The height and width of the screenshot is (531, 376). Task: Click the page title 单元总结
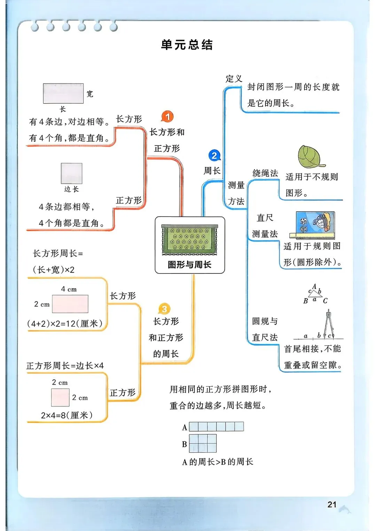(x=187, y=45)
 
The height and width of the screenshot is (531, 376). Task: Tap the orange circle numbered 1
(x=167, y=117)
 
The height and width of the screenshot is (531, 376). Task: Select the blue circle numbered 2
(x=214, y=156)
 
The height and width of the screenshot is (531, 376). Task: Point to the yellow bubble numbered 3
(x=164, y=309)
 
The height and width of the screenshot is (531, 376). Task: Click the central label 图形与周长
(x=189, y=264)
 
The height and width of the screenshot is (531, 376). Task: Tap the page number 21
(x=332, y=504)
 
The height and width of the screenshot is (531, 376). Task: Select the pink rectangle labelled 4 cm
(x=70, y=304)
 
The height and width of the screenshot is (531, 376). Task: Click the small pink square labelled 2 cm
(x=60, y=397)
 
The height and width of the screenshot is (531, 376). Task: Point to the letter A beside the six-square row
(x=185, y=427)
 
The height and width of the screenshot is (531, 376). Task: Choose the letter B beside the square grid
(x=185, y=444)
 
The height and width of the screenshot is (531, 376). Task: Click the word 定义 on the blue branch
(x=234, y=79)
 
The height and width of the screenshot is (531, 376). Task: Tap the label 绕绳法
(x=265, y=173)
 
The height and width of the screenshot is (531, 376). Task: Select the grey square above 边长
(x=72, y=173)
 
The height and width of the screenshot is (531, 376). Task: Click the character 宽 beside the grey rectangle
(x=90, y=94)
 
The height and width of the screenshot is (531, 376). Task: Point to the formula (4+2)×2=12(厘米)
(x=65, y=324)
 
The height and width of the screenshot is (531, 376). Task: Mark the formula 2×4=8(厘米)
(x=67, y=415)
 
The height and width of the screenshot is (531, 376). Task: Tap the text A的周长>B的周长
(x=218, y=462)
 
